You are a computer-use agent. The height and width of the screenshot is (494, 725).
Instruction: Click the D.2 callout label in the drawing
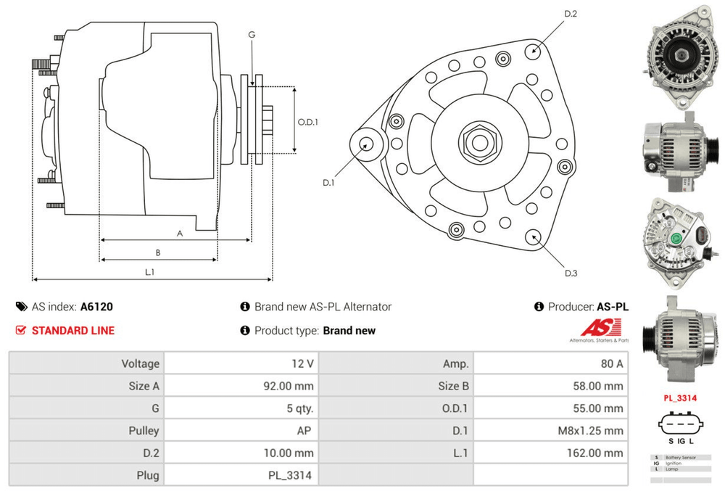[x=571, y=14]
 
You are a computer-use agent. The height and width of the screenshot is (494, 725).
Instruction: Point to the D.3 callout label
[x=571, y=273]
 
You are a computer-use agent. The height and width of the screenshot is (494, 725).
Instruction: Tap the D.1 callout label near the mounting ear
[x=328, y=183]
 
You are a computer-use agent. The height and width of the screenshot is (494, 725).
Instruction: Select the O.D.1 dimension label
[x=308, y=122]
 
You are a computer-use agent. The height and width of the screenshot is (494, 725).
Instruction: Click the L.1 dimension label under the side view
[x=150, y=272]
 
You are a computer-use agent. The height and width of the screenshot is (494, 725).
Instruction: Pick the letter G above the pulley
[x=252, y=35]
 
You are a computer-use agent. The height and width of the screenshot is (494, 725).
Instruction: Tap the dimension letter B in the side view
[x=158, y=252]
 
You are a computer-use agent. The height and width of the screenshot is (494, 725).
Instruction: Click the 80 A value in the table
[x=610, y=363]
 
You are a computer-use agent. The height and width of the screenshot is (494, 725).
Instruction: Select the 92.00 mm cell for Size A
[x=290, y=386]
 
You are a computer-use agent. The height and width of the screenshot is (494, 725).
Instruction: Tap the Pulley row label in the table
[x=143, y=430]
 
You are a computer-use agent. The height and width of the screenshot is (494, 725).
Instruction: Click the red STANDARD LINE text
[x=72, y=331]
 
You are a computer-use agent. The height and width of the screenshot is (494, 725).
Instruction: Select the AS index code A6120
[x=96, y=307]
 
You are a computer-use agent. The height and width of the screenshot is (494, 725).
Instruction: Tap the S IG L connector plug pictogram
[x=680, y=428]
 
